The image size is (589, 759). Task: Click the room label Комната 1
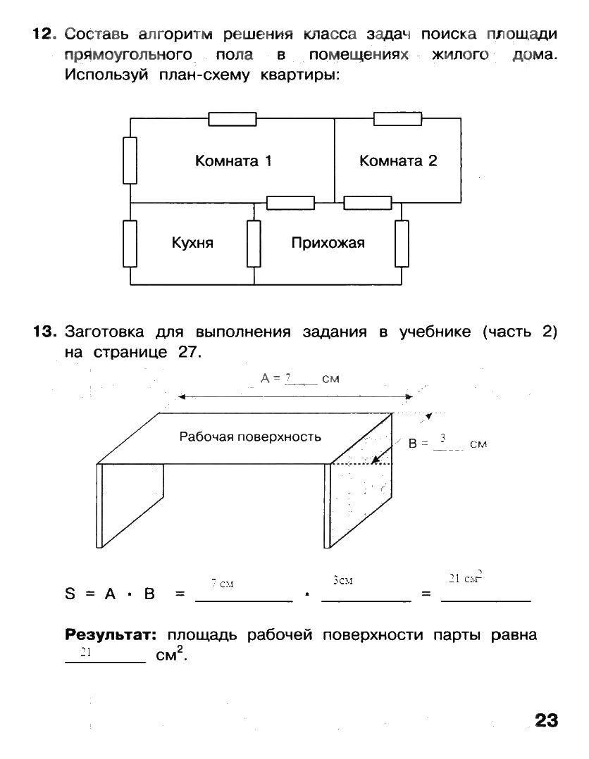[233, 161]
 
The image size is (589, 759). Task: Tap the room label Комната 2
[398, 161]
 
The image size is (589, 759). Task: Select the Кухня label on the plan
[192, 244]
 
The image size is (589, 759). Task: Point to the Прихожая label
[328, 244]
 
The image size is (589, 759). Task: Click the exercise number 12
[43, 34]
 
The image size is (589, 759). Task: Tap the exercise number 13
[43, 332]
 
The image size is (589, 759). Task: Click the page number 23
[546, 721]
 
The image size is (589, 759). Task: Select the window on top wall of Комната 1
[232, 119]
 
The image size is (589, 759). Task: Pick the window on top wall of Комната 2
[397, 118]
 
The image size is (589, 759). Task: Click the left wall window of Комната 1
[130, 160]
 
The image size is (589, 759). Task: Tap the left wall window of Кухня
[130, 244]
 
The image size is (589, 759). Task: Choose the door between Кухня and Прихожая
[254, 244]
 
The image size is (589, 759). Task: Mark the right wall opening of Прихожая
[402, 244]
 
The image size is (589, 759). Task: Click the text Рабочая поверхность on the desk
[250, 437]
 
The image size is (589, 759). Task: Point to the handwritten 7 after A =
[287, 378]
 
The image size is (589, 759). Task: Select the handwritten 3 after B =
[442, 439]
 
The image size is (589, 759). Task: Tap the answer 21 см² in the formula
[465, 579]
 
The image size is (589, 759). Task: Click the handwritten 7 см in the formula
[223, 584]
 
